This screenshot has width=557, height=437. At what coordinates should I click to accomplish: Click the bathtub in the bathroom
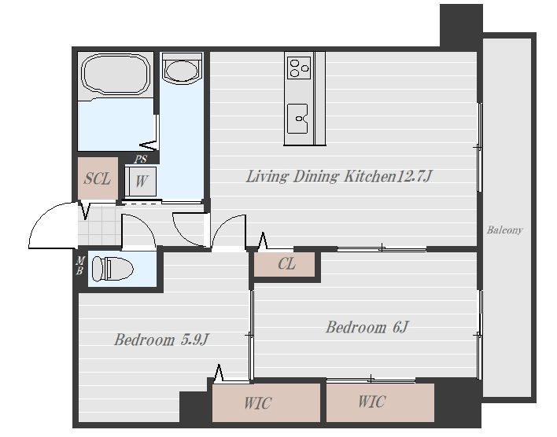(x=116, y=73)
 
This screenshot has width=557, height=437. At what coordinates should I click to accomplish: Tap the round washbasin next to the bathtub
(x=182, y=69)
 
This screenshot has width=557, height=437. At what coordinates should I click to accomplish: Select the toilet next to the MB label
(x=113, y=269)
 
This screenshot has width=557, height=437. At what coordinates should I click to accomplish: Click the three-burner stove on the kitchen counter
(x=299, y=68)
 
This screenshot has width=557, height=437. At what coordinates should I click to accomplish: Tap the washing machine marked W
(x=141, y=182)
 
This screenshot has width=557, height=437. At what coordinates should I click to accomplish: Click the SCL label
(x=98, y=178)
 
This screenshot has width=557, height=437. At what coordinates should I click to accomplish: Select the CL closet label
(x=286, y=264)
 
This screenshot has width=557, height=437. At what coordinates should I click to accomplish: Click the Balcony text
(x=505, y=230)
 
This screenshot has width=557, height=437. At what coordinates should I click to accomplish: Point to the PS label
(x=140, y=160)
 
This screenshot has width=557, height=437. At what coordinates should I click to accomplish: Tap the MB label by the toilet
(x=80, y=266)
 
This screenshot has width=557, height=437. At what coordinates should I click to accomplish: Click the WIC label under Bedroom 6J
(x=371, y=402)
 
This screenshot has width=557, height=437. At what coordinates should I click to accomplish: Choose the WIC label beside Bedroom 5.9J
(x=258, y=403)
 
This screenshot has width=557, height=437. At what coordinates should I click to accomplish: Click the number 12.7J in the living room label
(x=414, y=176)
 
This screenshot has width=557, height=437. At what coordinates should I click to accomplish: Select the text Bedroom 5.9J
(x=161, y=340)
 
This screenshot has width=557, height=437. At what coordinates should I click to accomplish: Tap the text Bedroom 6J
(x=367, y=327)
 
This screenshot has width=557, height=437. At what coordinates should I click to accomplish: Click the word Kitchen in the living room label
(x=370, y=176)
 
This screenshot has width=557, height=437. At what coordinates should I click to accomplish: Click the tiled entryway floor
(x=99, y=226)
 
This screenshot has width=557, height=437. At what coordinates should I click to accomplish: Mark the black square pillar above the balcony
(x=461, y=26)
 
